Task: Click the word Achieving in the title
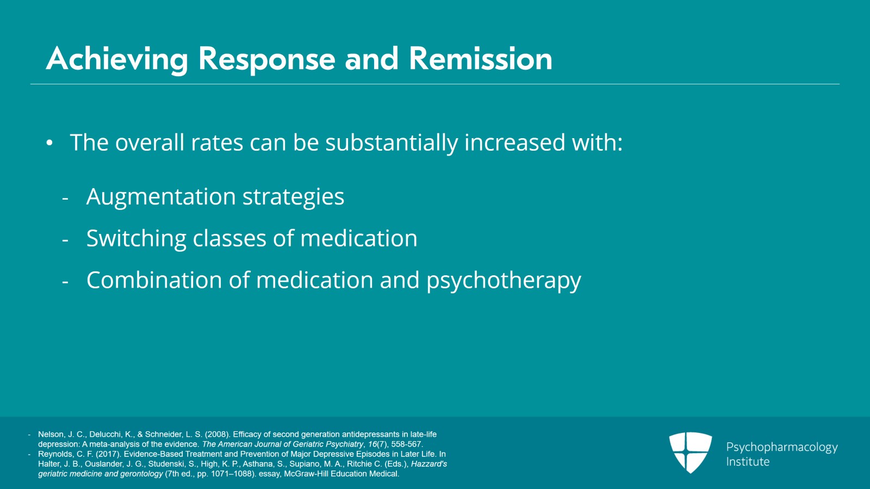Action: pyautogui.click(x=117, y=59)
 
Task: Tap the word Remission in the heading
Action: pyautogui.click(x=480, y=59)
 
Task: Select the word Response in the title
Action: pyautogui.click(x=266, y=59)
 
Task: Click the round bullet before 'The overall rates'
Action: pyautogui.click(x=49, y=143)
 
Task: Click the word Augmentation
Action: pyautogui.click(x=160, y=197)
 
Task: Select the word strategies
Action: pyautogui.click(x=293, y=197)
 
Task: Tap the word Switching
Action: pyautogui.click(x=136, y=239)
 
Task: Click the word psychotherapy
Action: pyautogui.click(x=504, y=281)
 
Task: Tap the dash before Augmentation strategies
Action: pyautogui.click(x=65, y=199)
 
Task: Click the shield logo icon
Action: pyautogui.click(x=690, y=452)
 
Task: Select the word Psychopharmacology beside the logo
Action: pyautogui.click(x=781, y=447)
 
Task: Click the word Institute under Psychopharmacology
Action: pyautogui.click(x=748, y=462)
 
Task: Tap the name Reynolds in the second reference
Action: pyautogui.click(x=55, y=454)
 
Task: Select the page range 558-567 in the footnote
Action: pyautogui.click(x=406, y=444)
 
